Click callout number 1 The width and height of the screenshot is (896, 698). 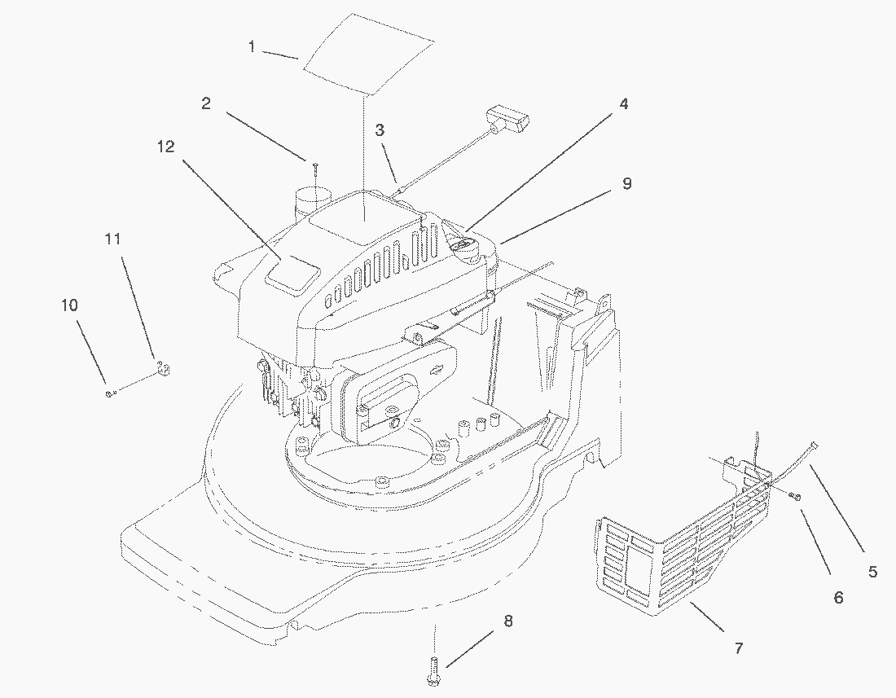click(252, 47)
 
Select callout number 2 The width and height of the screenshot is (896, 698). click(206, 103)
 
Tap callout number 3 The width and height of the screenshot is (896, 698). click(380, 130)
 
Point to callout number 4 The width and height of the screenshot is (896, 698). click(624, 104)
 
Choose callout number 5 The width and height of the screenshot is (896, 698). click(872, 571)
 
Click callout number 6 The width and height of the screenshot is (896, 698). click(838, 598)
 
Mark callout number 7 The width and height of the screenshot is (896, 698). click(739, 648)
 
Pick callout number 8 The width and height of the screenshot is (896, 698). click(508, 621)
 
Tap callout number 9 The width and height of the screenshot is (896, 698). click(627, 184)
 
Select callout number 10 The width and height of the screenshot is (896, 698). click(69, 305)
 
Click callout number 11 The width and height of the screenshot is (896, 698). click(112, 238)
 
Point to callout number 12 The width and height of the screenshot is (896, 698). click(165, 147)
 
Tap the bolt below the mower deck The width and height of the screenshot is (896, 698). click(433, 670)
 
